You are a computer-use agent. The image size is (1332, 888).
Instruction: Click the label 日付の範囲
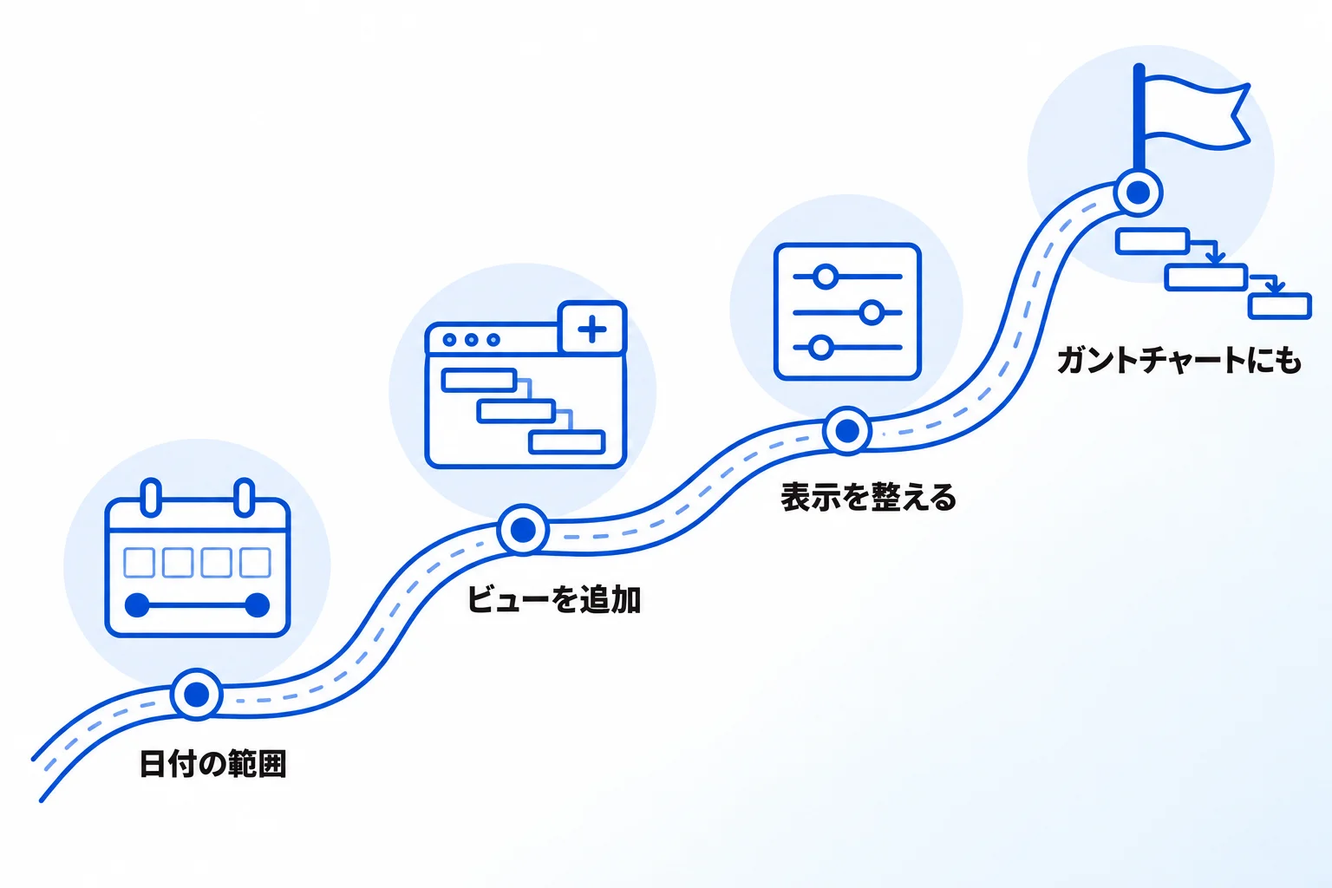[x=212, y=764]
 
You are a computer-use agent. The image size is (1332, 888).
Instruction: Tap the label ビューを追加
[x=554, y=599]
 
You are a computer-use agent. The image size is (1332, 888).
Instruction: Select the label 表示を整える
[x=868, y=497]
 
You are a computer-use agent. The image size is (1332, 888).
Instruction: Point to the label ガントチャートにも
[x=1179, y=361]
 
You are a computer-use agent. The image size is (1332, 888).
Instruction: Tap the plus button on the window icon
[x=592, y=329]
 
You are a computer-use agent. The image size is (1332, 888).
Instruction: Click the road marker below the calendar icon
[x=196, y=694]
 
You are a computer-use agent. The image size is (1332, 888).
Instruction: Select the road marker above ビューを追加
[x=523, y=529]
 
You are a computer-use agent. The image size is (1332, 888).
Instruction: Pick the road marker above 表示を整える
[x=847, y=431]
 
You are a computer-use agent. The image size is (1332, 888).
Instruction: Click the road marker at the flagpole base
[x=1138, y=193]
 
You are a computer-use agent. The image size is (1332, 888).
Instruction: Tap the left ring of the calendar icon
[x=151, y=497]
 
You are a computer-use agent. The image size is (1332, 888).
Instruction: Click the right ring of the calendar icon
[x=245, y=497]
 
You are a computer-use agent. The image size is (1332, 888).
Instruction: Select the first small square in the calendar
[x=139, y=563]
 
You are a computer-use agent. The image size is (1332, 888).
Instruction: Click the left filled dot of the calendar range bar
[x=137, y=605]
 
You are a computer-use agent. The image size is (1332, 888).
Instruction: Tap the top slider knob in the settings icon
[x=826, y=277]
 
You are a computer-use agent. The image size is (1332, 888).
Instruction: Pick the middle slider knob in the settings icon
[x=872, y=312]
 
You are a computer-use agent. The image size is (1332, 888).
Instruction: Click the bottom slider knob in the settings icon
[x=820, y=348]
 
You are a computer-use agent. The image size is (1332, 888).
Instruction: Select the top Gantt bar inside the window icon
[x=480, y=380]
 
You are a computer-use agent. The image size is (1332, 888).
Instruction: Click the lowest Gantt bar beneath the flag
[x=1280, y=306]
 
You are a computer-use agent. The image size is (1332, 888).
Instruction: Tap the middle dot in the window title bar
[x=472, y=340]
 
